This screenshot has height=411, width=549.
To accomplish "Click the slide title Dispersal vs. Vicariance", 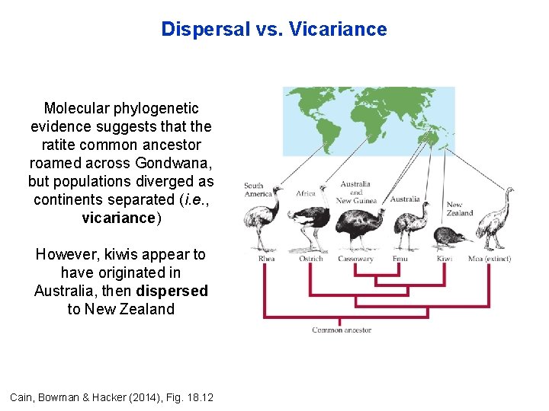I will (x=274, y=30).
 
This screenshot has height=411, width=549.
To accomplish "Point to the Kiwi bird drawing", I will (x=444, y=237).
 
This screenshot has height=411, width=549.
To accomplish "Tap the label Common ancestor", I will (x=342, y=330).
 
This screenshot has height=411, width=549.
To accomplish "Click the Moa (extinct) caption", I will (x=489, y=259).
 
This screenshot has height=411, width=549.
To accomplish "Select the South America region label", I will (x=254, y=190).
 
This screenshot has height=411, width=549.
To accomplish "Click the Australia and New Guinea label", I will (x=355, y=192).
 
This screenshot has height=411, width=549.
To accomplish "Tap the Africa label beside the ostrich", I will (x=306, y=193).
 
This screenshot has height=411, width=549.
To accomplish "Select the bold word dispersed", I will (x=172, y=291).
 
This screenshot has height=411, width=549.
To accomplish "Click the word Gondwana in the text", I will (x=175, y=163).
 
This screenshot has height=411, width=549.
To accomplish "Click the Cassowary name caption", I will (x=355, y=259).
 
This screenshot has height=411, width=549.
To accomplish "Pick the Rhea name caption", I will (x=266, y=259).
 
